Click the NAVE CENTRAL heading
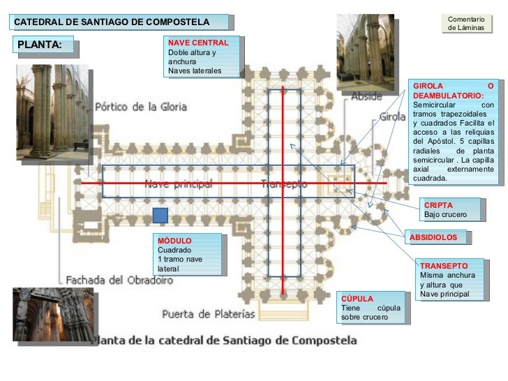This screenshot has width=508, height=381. pyautogui.click(x=198, y=43)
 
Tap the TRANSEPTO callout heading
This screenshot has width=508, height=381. pyautogui.click(x=444, y=266)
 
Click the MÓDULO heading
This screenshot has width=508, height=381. pyautogui.click(x=174, y=241)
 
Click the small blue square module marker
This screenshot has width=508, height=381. pyautogui.click(x=161, y=216)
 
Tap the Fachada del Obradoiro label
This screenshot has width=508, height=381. pyautogui.click(x=119, y=280)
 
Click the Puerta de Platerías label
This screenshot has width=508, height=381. pyautogui.click(x=209, y=314)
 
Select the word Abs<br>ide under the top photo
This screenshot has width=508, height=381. pyautogui.click(x=366, y=96)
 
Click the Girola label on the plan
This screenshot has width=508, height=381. pyautogui.click(x=392, y=117)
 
